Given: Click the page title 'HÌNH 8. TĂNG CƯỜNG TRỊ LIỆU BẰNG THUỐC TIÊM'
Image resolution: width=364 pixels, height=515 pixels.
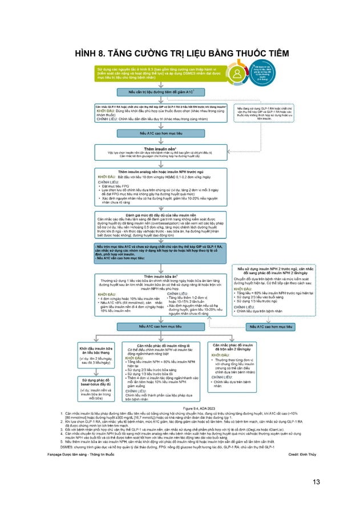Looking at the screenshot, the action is pos(182,54).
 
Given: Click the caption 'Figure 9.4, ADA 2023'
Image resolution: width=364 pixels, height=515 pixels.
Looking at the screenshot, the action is pos(182,424).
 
